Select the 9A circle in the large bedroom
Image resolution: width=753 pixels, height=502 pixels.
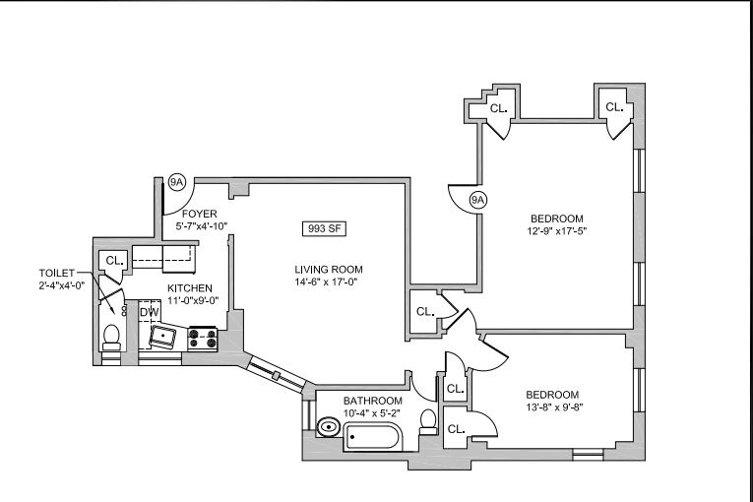click(x=478, y=201)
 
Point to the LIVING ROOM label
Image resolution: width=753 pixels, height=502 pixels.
click(x=329, y=270)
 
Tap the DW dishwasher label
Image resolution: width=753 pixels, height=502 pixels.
click(x=149, y=313)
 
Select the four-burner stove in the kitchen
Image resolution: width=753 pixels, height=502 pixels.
click(x=203, y=339)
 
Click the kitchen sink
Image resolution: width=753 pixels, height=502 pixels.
click(x=162, y=338)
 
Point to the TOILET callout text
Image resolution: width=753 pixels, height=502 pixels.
click(x=57, y=273)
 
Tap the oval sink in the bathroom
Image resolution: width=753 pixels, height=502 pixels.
click(x=329, y=427)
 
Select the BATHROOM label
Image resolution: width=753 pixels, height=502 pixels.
click(x=373, y=401)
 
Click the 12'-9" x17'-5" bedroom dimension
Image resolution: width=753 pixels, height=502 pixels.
click(x=557, y=231)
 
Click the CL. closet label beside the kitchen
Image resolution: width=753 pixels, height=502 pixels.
click(x=114, y=261)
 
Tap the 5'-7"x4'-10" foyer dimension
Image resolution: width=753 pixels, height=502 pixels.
click(x=203, y=225)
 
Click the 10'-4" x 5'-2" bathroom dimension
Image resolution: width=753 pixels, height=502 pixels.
click(x=373, y=413)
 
